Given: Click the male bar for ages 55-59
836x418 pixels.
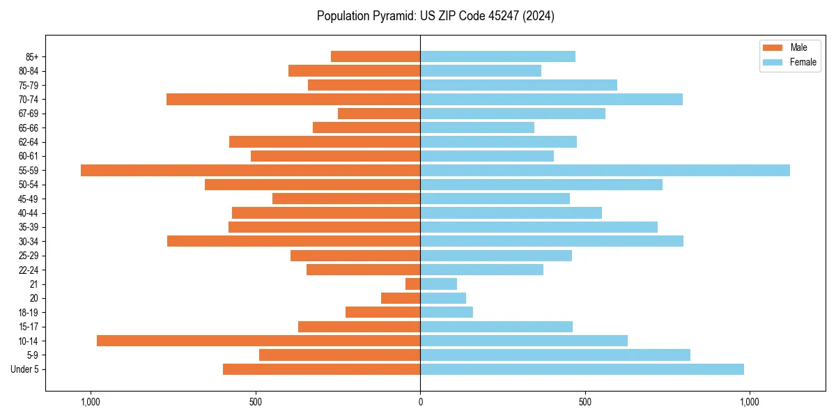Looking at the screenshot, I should [251, 170].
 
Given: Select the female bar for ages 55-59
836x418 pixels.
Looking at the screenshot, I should [605, 170].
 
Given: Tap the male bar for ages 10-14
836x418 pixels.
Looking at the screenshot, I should [258, 341].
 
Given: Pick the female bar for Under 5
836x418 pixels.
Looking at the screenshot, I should [582, 369].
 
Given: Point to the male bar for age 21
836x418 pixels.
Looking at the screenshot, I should [413, 284].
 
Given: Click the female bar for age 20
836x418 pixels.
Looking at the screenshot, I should [443, 298].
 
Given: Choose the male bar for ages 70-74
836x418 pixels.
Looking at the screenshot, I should [293, 99].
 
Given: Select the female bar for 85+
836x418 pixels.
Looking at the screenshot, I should [497, 56].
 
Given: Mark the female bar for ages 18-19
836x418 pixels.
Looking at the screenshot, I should [447, 312].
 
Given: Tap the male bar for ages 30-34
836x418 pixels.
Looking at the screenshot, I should [293, 241].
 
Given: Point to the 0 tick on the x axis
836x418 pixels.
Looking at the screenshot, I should [420, 402].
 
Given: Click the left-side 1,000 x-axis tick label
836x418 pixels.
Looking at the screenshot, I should [91, 402].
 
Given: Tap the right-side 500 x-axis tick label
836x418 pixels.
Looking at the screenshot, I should [585, 402].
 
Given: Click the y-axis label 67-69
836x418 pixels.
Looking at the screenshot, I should [29, 114].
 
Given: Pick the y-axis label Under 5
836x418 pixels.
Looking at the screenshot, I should [24, 369].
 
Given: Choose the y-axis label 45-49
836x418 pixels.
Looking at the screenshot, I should [29, 199].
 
